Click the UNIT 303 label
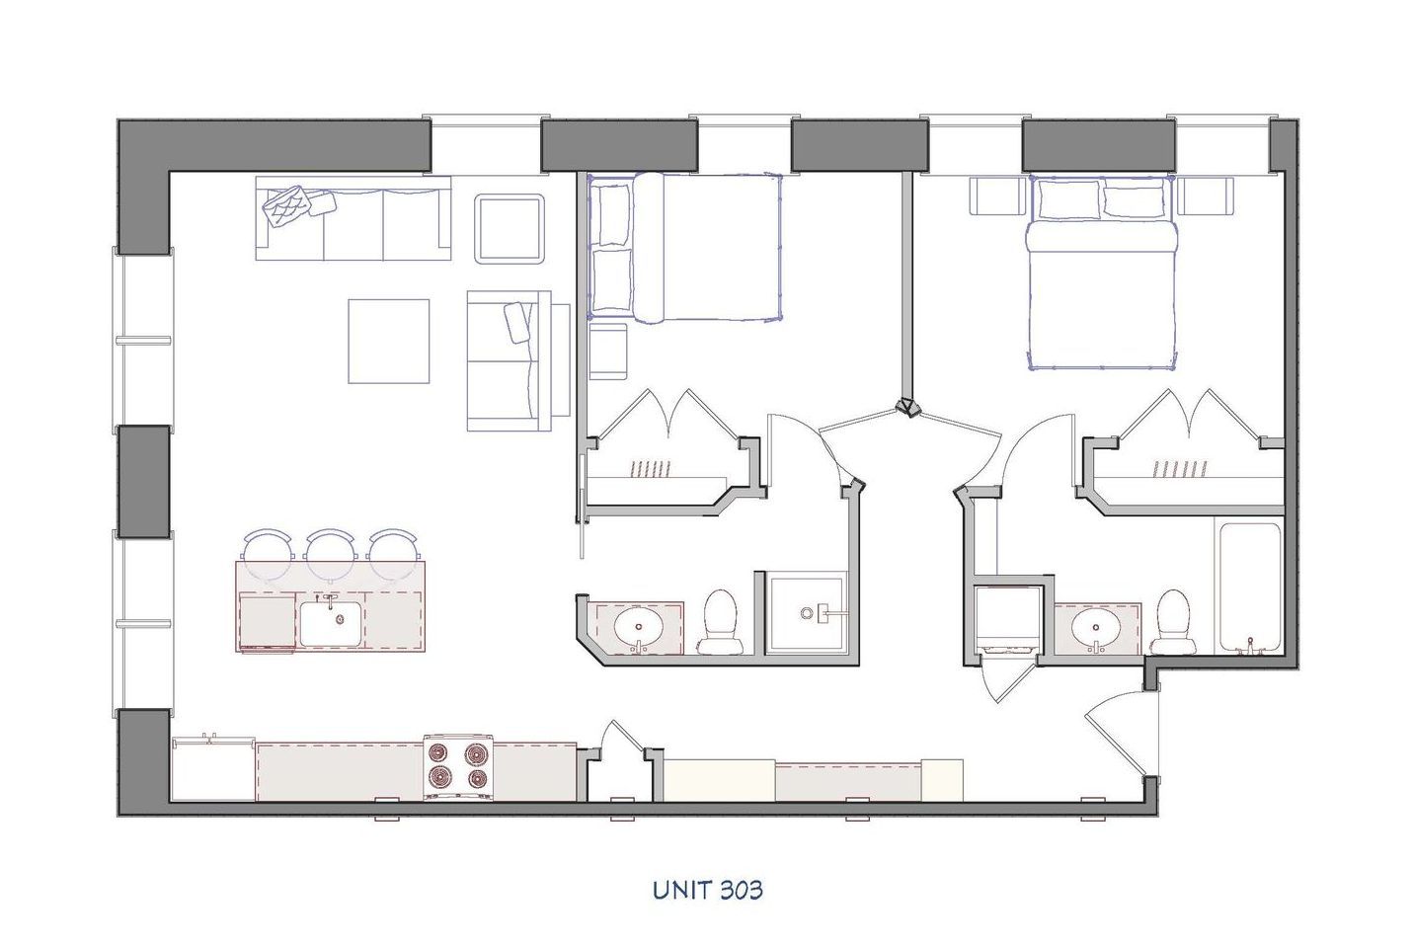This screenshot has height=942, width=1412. click(x=707, y=890)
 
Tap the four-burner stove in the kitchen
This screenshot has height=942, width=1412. click(x=458, y=767)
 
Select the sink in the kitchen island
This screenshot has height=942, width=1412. click(x=332, y=621)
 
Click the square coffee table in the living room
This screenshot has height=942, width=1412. click(x=388, y=341)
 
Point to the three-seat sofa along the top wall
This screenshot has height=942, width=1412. click(x=353, y=218)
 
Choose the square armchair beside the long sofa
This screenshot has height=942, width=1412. click(x=510, y=228)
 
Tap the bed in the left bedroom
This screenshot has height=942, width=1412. click(x=684, y=248)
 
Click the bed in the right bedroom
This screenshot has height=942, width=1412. click(x=1102, y=272)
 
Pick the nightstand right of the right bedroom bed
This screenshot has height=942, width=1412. click(x=1206, y=196)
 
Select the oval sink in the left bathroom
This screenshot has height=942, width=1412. click(x=640, y=625)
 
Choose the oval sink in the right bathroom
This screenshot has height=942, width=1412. click(x=1095, y=625)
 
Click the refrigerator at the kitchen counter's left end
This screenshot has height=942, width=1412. click(x=212, y=768)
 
